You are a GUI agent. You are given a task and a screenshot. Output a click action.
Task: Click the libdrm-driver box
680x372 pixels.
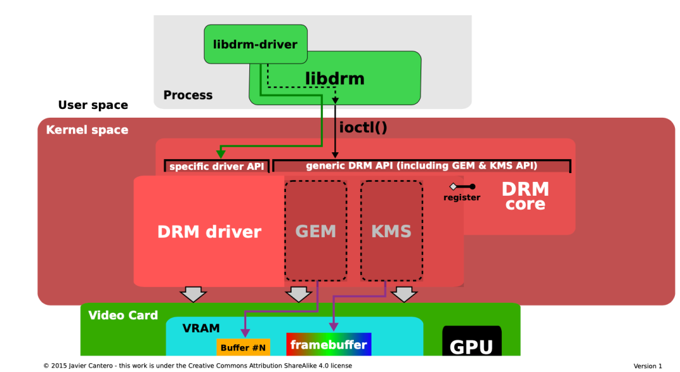tap(256, 44)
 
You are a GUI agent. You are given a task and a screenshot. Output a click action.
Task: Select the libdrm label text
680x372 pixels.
tap(335, 79)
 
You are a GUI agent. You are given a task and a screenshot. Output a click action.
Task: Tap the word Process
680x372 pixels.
tap(188, 96)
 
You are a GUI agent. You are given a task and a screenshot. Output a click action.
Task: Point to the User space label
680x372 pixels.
tap(93, 105)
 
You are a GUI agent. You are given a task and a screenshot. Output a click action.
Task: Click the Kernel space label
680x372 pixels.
tap(87, 130)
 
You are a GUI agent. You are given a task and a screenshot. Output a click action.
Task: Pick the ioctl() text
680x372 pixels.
tap(363, 127)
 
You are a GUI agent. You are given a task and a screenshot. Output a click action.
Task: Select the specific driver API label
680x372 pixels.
tap(217, 167)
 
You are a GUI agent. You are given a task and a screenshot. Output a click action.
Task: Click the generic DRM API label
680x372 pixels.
tap(421, 166)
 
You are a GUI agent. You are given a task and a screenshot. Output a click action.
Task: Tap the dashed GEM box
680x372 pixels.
tap(315, 231)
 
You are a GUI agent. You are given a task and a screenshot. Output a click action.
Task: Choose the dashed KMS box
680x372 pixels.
tap(391, 231)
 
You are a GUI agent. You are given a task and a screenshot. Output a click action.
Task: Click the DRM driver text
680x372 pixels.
tap(209, 232)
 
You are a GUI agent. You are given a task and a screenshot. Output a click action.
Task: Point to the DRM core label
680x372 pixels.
tap(525, 196)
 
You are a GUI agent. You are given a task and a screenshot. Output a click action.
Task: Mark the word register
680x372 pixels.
tap(462, 198)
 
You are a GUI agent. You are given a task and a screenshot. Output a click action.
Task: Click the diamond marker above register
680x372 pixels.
tap(453, 186)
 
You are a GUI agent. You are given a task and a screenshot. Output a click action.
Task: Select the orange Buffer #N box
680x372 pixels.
tap(243, 347)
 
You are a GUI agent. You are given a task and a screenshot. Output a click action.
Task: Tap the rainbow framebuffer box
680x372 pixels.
tap(329, 344)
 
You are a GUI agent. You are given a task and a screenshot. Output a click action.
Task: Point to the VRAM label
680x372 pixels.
tap(201, 329)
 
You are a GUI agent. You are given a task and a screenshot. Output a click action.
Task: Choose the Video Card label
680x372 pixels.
tap(123, 315)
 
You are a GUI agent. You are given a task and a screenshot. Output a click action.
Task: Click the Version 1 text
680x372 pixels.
tap(647, 366)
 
